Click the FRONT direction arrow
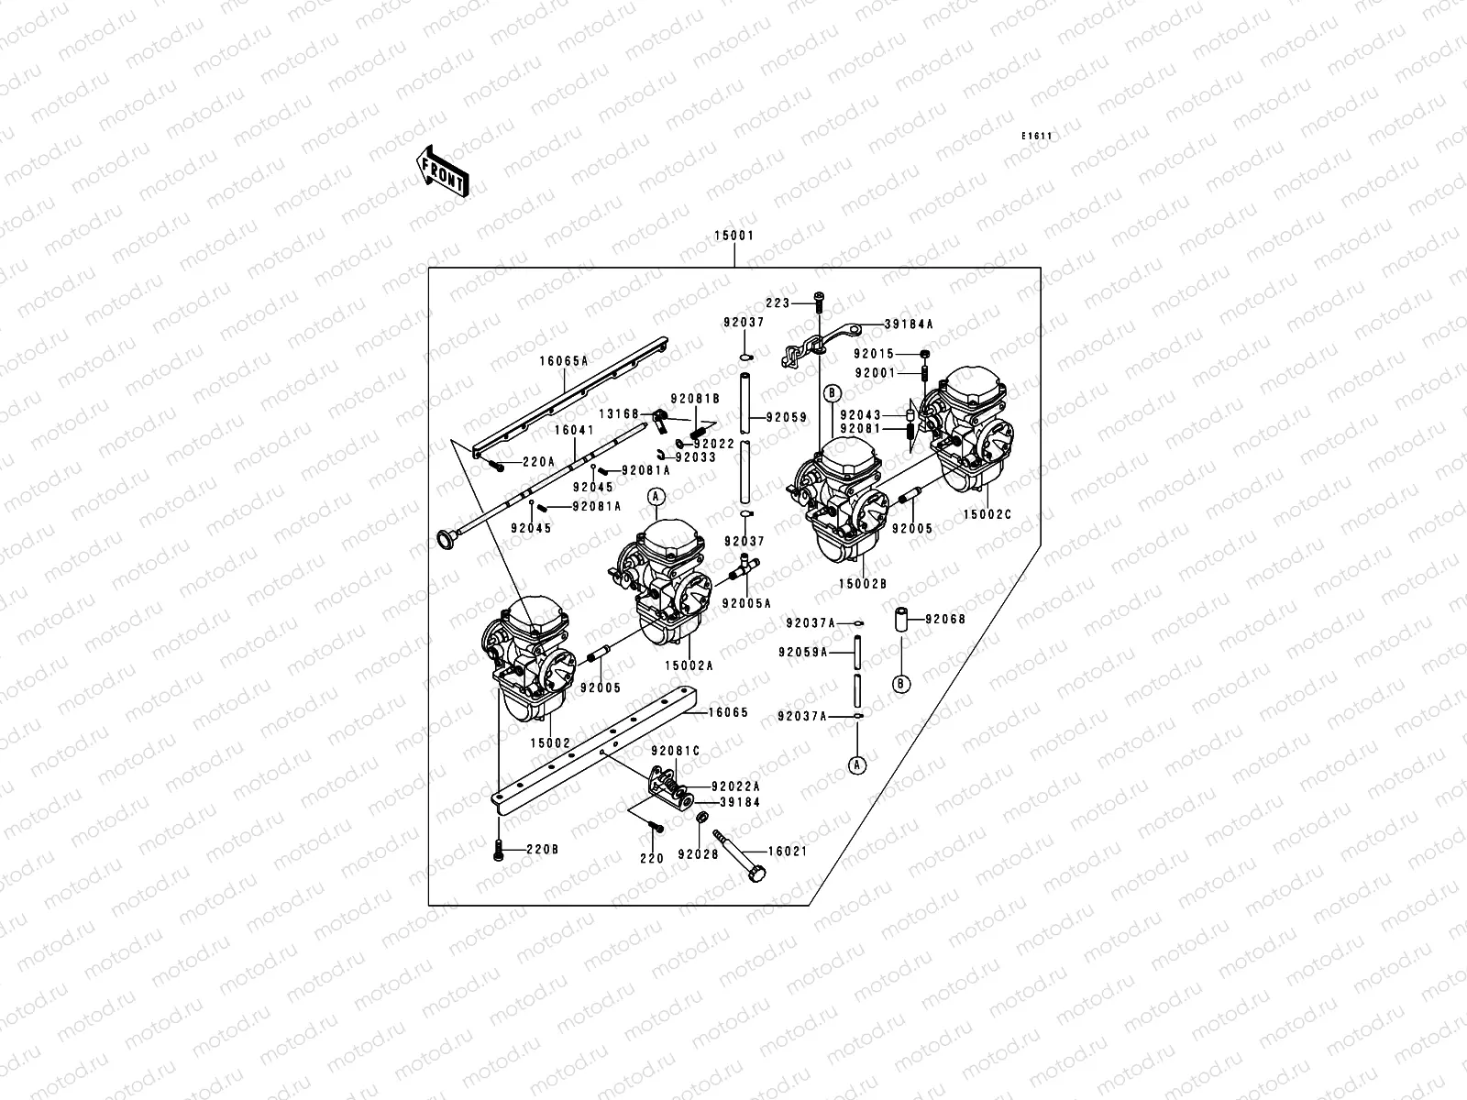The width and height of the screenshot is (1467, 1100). click(443, 170)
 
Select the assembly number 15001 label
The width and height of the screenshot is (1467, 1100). click(733, 236)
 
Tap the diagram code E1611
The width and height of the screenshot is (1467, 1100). click(1037, 137)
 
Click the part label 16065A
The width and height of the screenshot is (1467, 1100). click(563, 362)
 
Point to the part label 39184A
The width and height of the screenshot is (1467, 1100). click(909, 324)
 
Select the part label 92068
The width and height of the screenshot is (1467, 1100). click(945, 619)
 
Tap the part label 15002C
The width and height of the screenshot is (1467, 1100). click(987, 515)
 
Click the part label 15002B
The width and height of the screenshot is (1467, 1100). click(863, 583)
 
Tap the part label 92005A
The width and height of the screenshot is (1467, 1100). click(745, 603)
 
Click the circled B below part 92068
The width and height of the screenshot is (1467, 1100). click(901, 684)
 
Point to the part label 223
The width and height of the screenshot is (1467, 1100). click(778, 302)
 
